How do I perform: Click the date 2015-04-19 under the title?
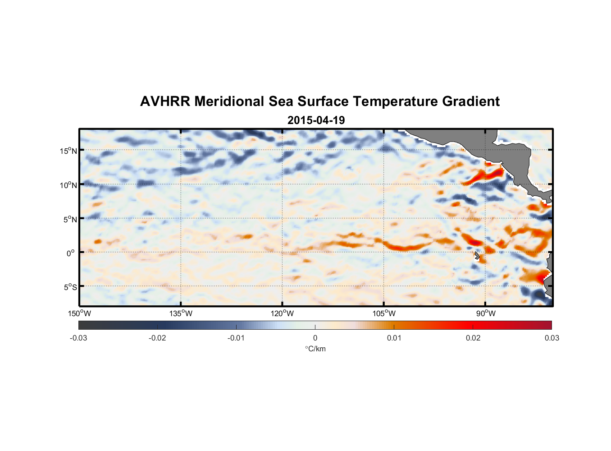[316, 120]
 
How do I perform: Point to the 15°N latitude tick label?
[68, 151]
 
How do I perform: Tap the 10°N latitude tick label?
[68, 185]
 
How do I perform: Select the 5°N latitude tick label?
[70, 220]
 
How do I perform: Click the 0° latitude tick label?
[71, 253]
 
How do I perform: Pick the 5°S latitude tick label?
[70, 287]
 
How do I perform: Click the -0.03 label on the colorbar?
[78, 338]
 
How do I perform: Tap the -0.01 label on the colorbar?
[236, 338]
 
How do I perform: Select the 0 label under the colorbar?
[315, 338]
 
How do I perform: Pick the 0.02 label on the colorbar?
[473, 338]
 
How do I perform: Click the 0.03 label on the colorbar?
[552, 338]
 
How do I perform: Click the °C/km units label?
[315, 349]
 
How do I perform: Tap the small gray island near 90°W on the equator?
[477, 256]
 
